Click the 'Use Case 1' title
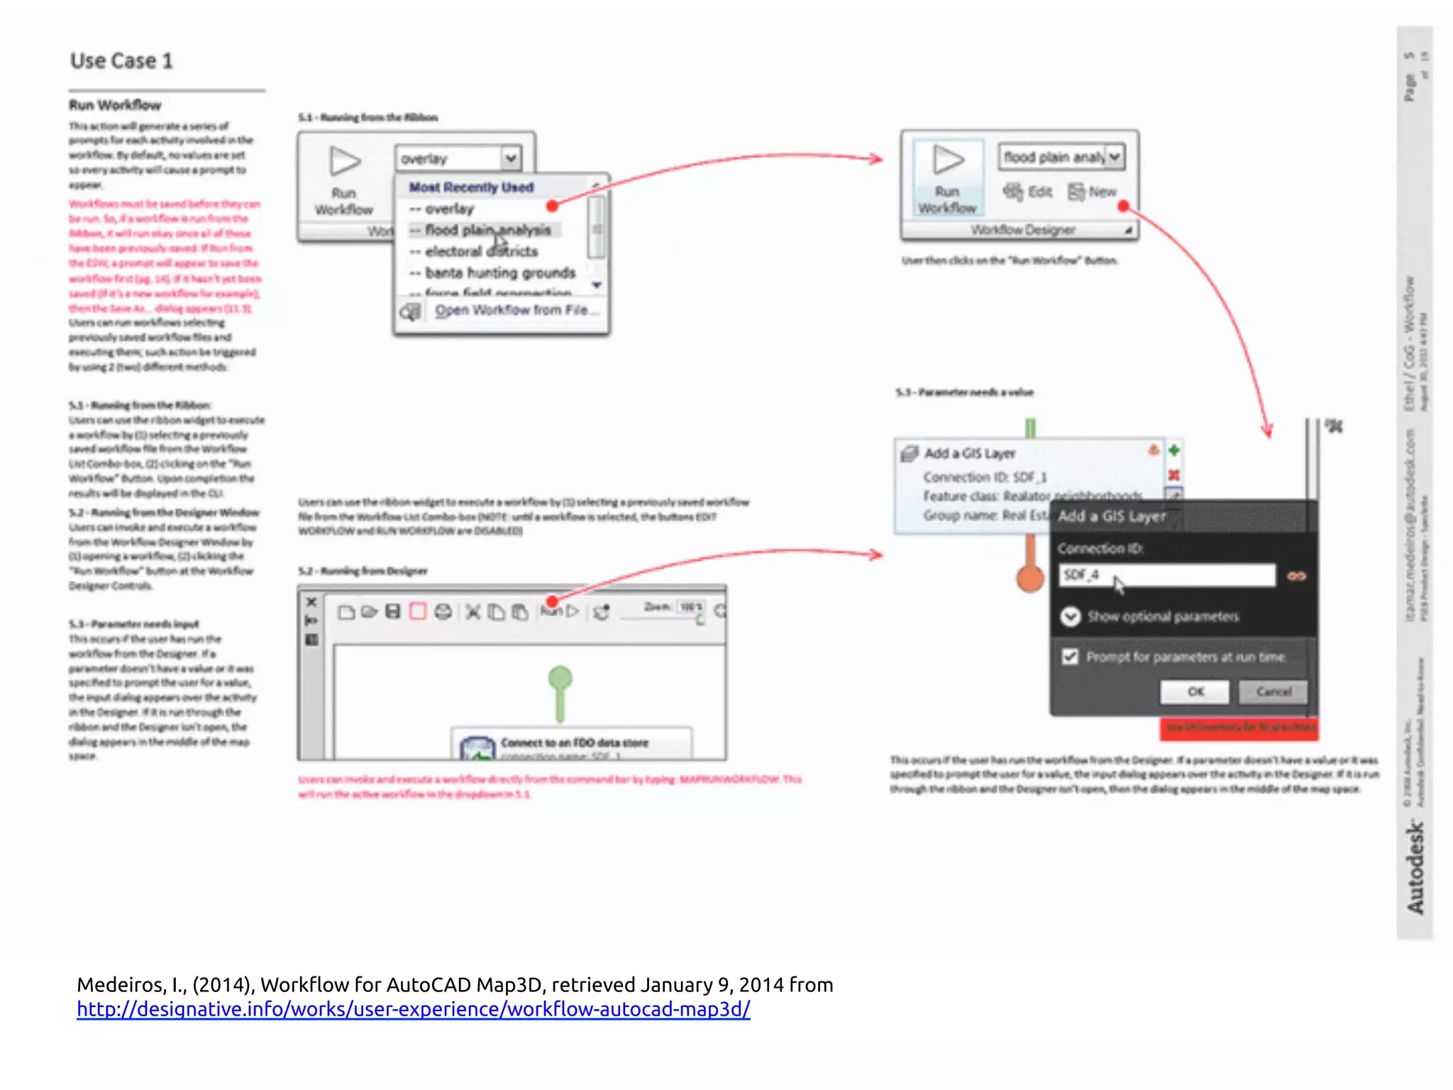pyautogui.click(x=121, y=62)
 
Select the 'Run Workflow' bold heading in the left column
pyautogui.click(x=115, y=106)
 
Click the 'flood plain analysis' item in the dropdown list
pyautogui.click(x=487, y=230)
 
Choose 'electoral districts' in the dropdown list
pyautogui.click(x=481, y=251)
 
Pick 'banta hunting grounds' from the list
pyautogui.click(x=499, y=272)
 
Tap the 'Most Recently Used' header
pyautogui.click(x=471, y=187)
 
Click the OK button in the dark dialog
pyautogui.click(x=1195, y=691)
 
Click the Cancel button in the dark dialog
pyautogui.click(x=1274, y=691)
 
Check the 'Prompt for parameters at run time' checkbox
pyautogui.click(x=1070, y=656)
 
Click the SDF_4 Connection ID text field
pyautogui.click(x=1166, y=575)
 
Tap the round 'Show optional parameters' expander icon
pyautogui.click(x=1070, y=616)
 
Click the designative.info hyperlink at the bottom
pyautogui.click(x=413, y=1009)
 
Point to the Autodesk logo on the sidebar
pyautogui.click(x=1415, y=867)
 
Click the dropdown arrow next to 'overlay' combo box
pyautogui.click(x=511, y=158)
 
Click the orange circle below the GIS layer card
pyautogui.click(x=1029, y=578)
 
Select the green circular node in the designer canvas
pyautogui.click(x=560, y=678)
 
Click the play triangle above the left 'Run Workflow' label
pyautogui.click(x=345, y=161)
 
